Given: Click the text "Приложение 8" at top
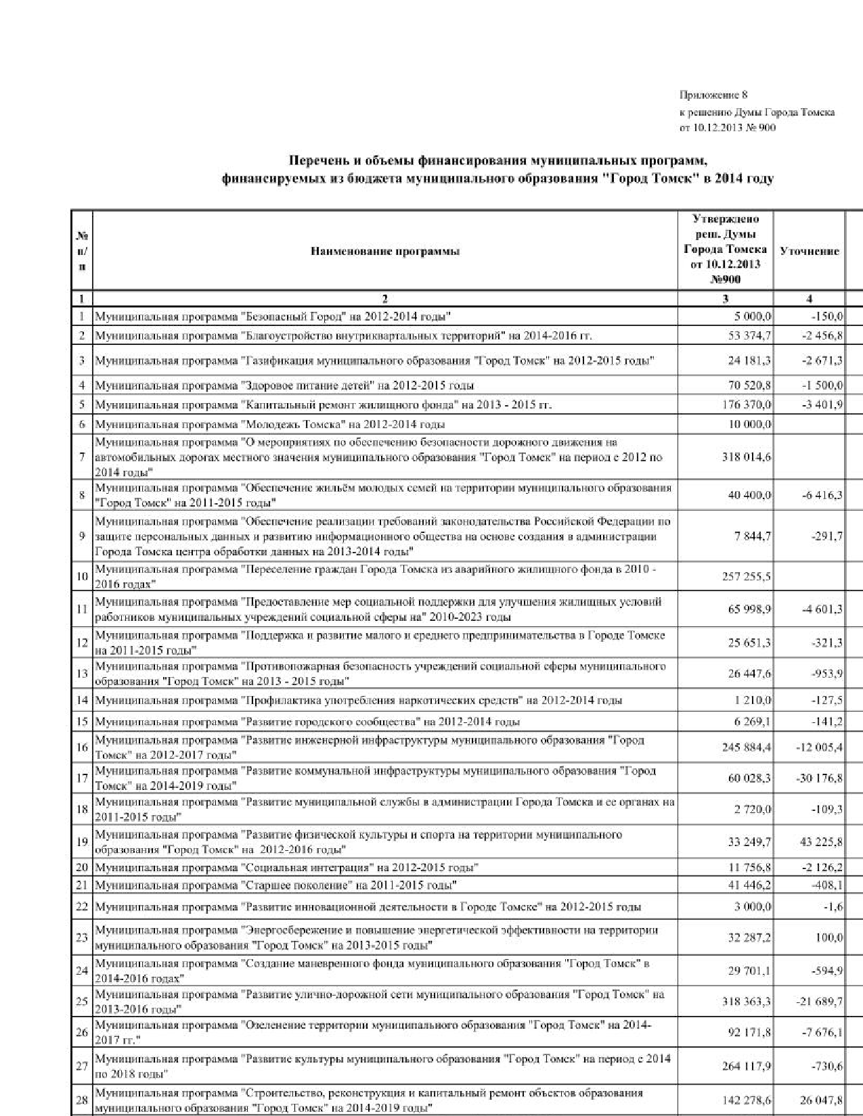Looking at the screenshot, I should [713, 95].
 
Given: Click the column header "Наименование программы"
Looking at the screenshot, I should [385, 252].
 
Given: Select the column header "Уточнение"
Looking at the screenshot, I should [810, 251].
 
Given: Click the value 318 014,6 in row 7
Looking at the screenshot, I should [747, 457].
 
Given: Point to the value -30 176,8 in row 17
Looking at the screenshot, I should [819, 778].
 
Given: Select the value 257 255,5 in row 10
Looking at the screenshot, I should [747, 576].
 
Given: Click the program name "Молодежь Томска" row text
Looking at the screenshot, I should [269, 425].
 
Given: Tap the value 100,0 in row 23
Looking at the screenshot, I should [829, 937].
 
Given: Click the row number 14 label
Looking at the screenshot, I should [82, 701].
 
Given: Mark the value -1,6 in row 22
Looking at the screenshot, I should [833, 907].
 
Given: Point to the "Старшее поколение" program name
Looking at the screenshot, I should [275, 885].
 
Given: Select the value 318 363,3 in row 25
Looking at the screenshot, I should [747, 1001].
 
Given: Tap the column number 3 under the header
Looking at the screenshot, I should [725, 298].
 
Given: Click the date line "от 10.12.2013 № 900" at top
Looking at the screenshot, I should [727, 128].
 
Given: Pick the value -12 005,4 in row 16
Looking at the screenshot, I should [819, 747].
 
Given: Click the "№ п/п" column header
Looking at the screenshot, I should [81, 251].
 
